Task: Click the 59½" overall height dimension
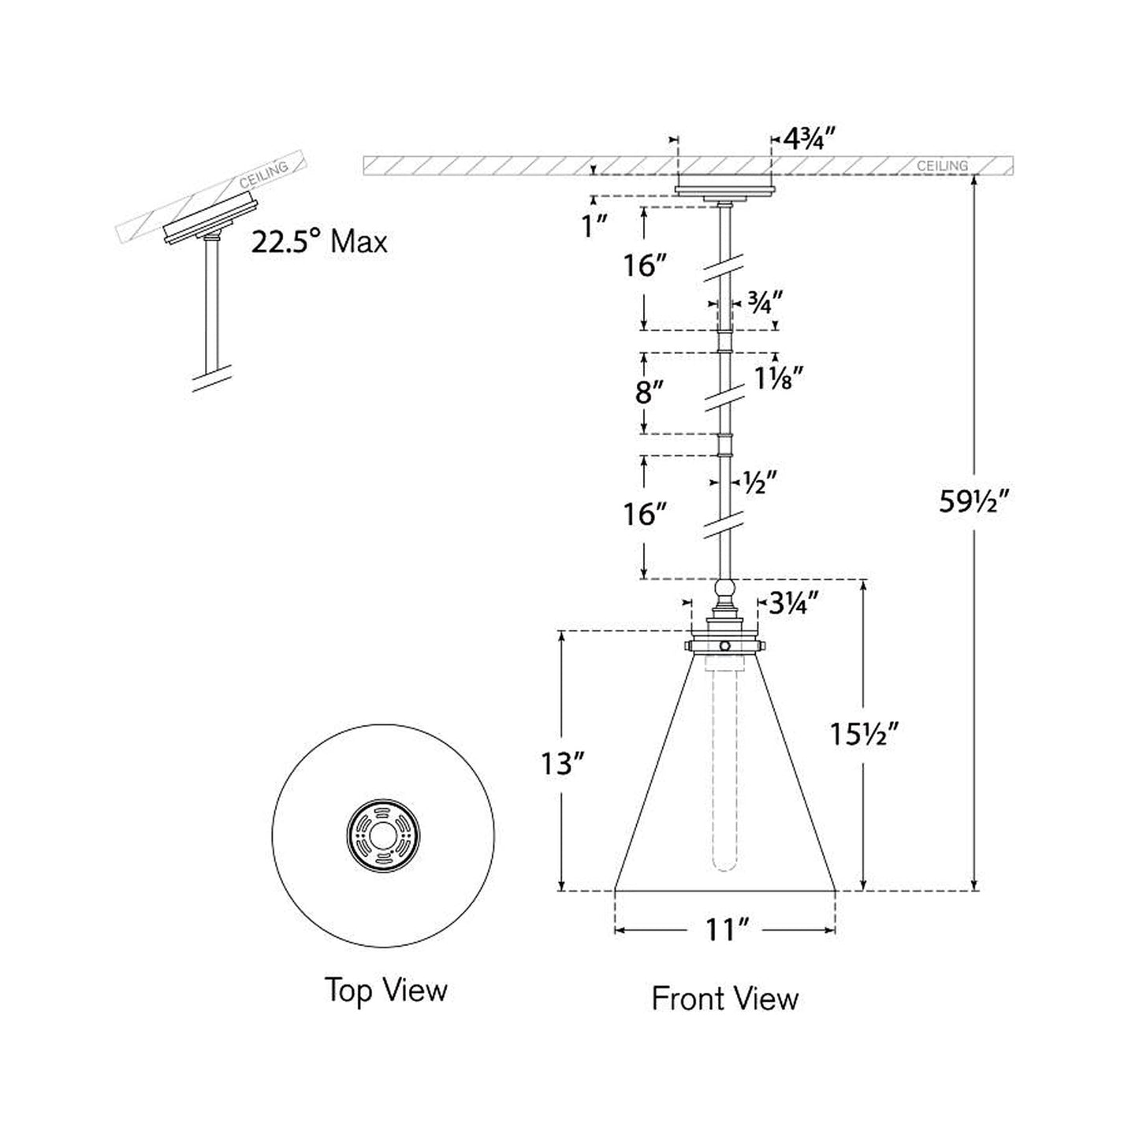tap(973, 501)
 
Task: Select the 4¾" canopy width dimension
tap(808, 140)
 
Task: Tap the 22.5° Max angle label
tap(319, 241)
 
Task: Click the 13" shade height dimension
tap(561, 763)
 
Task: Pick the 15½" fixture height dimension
tap(865, 735)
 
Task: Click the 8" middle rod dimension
tap(649, 392)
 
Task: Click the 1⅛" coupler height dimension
tap(778, 379)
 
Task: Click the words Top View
tap(385, 990)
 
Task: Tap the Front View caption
tap(724, 999)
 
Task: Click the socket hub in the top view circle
tap(383, 836)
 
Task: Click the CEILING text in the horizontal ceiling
tap(942, 166)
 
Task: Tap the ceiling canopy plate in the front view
tap(724, 189)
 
